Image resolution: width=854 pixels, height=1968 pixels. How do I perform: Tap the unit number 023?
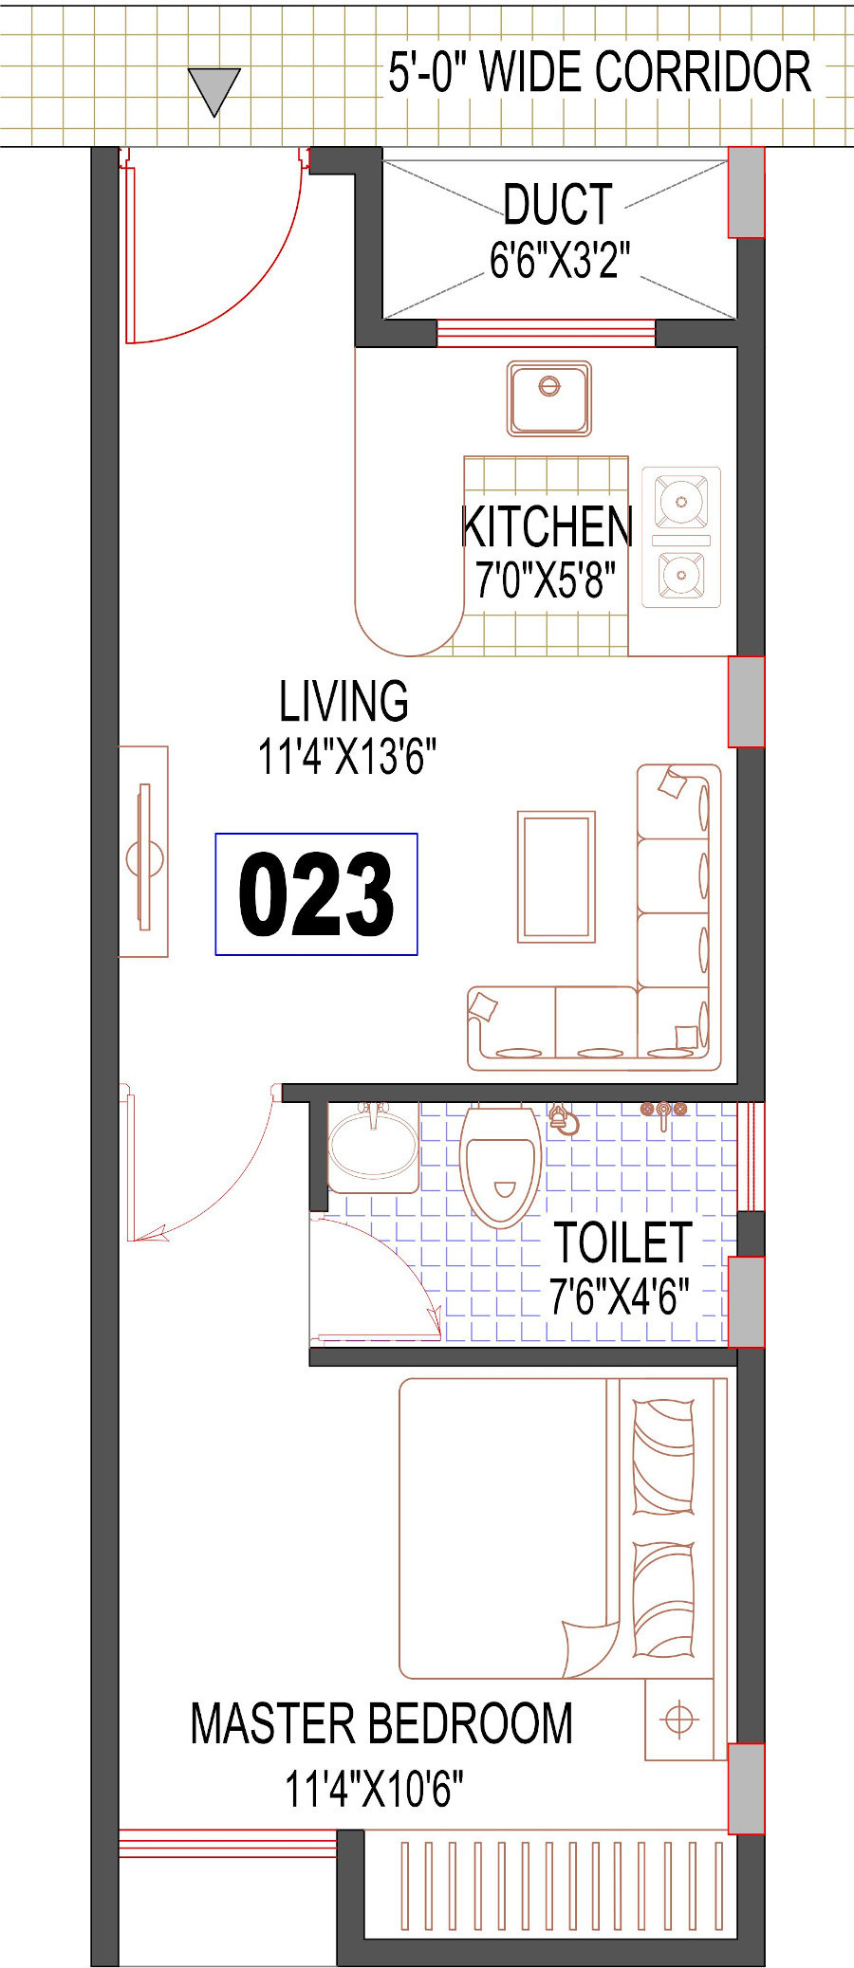coord(316,894)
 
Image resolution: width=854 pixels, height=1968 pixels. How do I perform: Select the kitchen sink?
coord(548,398)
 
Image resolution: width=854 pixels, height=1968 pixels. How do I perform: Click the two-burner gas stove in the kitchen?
coord(681,537)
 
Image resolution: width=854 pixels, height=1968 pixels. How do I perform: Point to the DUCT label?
coord(558,204)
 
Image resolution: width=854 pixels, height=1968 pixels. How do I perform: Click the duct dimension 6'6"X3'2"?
coord(560,260)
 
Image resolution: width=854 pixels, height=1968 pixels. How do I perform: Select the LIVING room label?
coord(343,702)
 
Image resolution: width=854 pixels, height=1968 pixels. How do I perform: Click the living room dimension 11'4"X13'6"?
coord(347,758)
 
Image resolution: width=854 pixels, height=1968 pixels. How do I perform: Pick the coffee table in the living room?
coord(556,876)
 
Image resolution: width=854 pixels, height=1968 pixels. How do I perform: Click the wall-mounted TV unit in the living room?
coord(143,851)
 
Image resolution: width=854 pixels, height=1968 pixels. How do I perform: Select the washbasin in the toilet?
coord(373,1147)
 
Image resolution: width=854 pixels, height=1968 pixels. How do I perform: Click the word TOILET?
coord(623,1242)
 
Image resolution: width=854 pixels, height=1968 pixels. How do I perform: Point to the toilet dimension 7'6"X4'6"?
coord(619,1297)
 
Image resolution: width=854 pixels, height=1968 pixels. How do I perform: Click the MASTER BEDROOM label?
coord(381,1723)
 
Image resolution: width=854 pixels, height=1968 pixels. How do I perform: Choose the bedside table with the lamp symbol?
coord(679,1719)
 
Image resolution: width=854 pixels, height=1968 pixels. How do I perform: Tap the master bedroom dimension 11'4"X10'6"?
coord(375,1789)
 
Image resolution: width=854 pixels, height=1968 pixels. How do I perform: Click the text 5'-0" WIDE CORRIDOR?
coord(600,72)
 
